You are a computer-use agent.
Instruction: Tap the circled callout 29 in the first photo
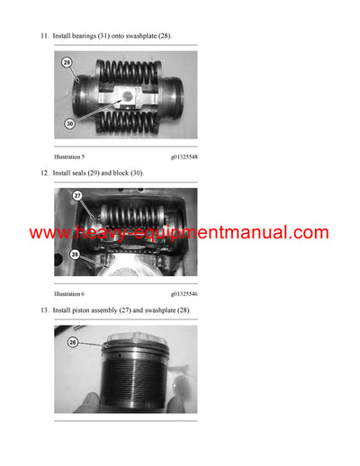pyautogui.click(x=67, y=63)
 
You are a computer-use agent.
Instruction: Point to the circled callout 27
pyautogui.click(x=77, y=195)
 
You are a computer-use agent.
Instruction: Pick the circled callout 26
pyautogui.click(x=73, y=342)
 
